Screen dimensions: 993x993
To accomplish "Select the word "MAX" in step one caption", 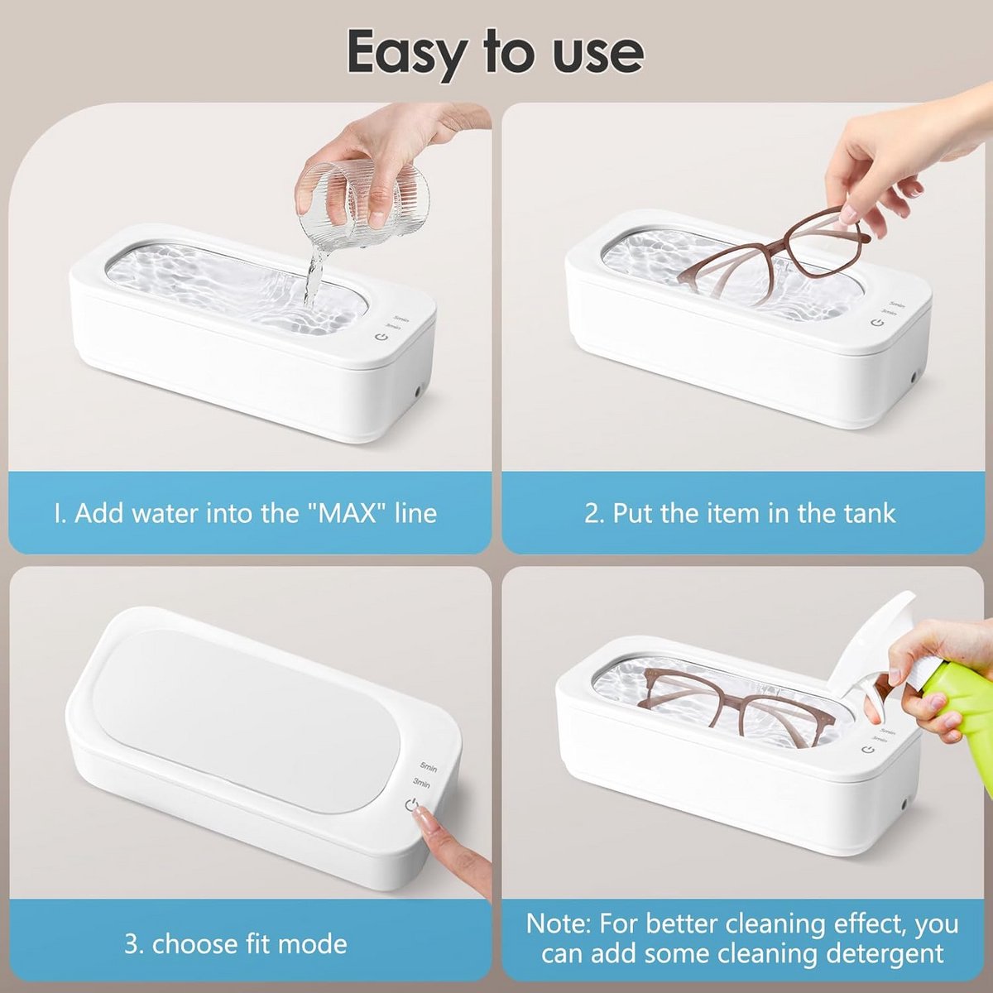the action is [x=349, y=513].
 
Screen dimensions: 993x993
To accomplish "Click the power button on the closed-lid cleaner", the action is [x=411, y=804].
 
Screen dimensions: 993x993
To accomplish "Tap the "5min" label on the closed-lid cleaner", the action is [x=428, y=768].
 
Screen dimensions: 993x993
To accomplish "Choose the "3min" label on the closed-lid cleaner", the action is [x=421, y=784].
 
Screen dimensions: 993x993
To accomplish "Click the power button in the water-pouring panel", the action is [x=381, y=337].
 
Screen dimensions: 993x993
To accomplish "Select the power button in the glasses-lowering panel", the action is [x=876, y=323].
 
